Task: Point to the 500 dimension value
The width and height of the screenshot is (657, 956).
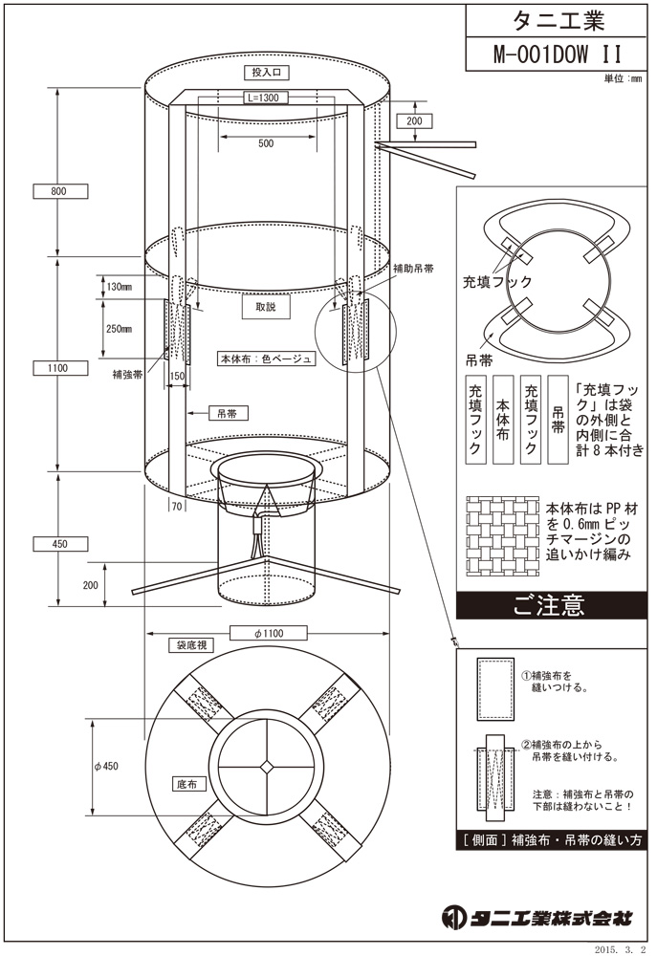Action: tap(265, 143)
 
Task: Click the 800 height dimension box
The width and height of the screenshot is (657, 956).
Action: tap(58, 191)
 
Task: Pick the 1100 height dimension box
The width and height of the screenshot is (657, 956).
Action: tap(58, 366)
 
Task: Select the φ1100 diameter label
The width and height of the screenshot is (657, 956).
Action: tap(269, 633)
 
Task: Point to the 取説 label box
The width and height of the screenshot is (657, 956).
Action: tap(265, 308)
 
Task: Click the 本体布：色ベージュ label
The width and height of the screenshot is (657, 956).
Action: tap(266, 359)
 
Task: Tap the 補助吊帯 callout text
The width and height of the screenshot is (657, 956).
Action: tap(413, 270)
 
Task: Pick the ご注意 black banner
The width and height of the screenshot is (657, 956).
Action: tap(547, 605)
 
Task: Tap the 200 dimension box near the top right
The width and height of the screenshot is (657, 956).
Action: tap(413, 121)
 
